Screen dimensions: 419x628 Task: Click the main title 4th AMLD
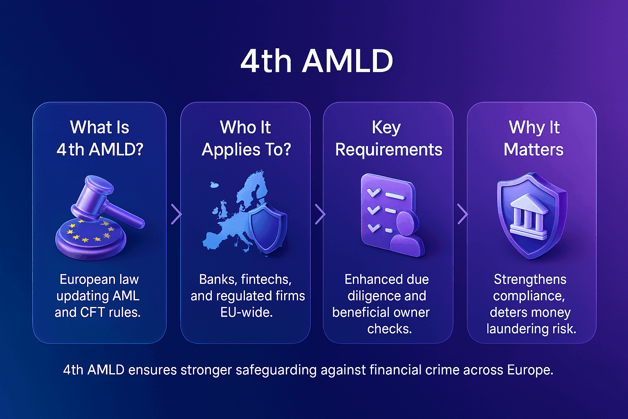[x=316, y=61]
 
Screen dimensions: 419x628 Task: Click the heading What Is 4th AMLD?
[x=100, y=138]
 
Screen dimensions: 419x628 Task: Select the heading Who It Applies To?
[x=246, y=138]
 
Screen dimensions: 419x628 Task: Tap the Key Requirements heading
[x=388, y=138]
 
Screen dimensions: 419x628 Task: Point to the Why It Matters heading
[x=534, y=138]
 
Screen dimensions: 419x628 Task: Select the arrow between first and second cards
[x=176, y=214]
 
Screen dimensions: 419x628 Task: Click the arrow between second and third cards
[x=320, y=214]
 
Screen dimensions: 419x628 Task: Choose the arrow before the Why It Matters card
[x=462, y=214]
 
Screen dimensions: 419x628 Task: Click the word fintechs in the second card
[x=266, y=279]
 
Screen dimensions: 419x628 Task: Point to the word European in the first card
[x=81, y=279]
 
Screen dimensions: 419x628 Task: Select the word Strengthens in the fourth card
[x=530, y=279]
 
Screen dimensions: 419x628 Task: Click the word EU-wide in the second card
[x=246, y=313]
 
